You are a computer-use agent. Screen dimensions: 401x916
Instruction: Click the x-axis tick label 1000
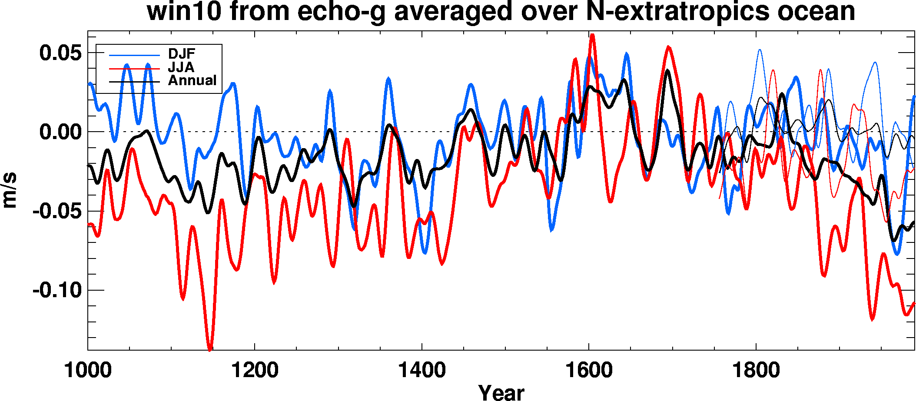[88, 371]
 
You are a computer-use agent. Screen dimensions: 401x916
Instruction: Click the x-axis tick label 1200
[255, 371]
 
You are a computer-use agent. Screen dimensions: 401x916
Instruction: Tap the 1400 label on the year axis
[421, 371]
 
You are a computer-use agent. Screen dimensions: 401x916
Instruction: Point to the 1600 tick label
[589, 371]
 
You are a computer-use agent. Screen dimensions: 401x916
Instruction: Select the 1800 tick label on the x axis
[756, 371]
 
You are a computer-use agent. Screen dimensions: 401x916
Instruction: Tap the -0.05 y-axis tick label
[56, 212]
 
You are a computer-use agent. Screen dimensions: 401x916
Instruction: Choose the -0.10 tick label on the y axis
[56, 290]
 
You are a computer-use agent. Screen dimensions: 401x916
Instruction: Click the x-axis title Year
[501, 392]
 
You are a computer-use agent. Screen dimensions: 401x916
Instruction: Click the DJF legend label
[182, 54]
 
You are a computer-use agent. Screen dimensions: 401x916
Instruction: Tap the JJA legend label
[181, 67]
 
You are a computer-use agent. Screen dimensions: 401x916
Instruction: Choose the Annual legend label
[192, 80]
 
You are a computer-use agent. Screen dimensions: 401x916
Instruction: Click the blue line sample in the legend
[134, 55]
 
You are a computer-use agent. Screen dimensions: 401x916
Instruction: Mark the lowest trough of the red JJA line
[210, 349]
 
